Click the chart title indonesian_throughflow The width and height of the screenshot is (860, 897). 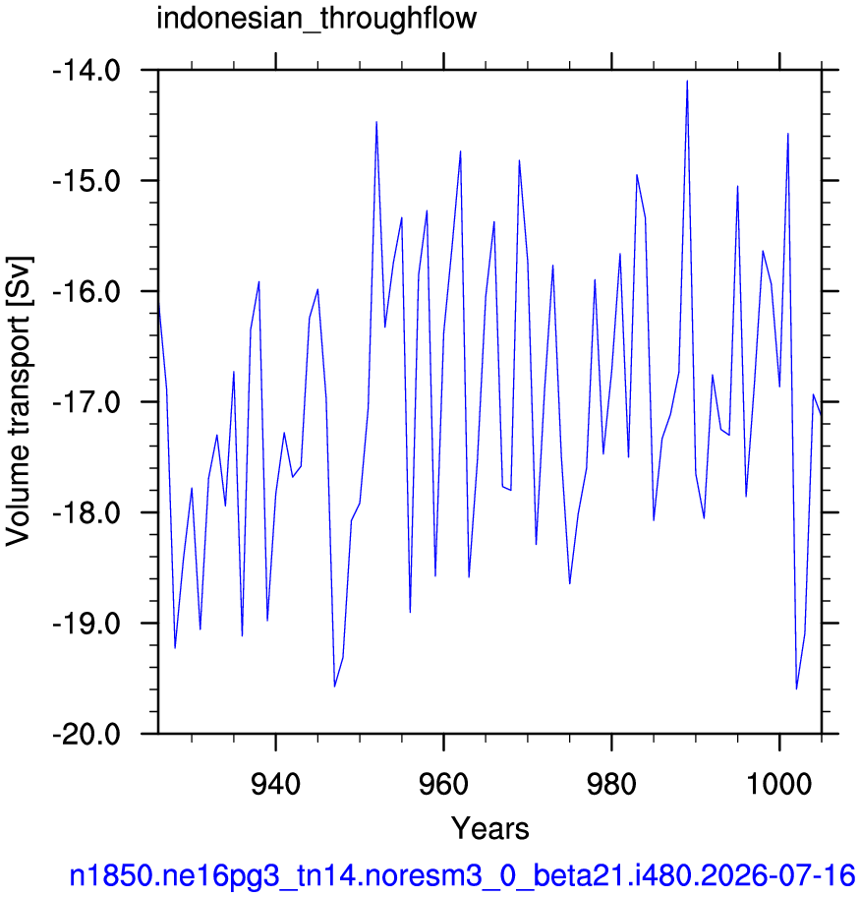pos(316,19)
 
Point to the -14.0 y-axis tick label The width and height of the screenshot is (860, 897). pos(86,72)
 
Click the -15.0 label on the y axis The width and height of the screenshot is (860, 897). pos(86,181)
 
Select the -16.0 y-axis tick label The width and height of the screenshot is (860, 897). pos(86,292)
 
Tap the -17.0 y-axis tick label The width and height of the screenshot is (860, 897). pos(86,402)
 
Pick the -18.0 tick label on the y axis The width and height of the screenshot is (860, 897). pos(86,513)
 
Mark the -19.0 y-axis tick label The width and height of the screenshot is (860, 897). pos(86,624)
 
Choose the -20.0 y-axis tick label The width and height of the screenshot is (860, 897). pos(86,735)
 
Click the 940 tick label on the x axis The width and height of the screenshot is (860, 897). pos(275,784)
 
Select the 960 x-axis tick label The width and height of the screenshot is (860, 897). pos(443,784)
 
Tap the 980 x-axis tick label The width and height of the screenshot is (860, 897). pos(612,784)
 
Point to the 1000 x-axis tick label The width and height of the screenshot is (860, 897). pos(779,784)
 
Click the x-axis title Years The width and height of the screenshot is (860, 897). pos(490,828)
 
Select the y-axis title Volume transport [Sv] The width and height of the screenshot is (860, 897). pos(19,401)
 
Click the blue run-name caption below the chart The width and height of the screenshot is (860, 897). pos(462,875)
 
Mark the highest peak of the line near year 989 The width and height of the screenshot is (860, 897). pos(687,82)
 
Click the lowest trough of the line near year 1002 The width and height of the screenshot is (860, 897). pos(796,688)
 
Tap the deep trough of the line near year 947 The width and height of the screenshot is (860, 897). pos(334,686)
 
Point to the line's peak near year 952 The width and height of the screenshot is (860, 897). pos(376,122)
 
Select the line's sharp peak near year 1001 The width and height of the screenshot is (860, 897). pos(788,134)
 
